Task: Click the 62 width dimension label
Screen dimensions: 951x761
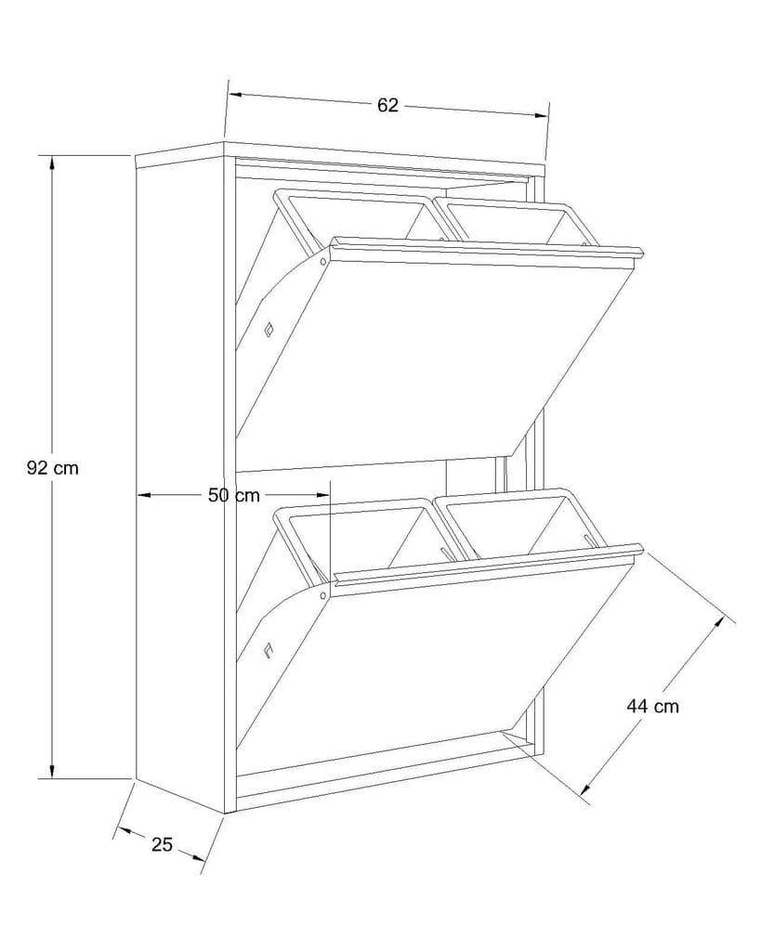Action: pos(387,106)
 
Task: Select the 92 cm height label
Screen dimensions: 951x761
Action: pos(53,468)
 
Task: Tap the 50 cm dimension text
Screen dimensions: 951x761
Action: pos(233,496)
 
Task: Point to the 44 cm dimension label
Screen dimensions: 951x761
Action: pos(652,706)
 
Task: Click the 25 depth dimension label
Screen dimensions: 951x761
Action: pos(163,844)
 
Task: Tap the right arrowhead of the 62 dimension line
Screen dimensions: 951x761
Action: pos(543,115)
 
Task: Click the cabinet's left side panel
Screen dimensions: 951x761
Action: pos(180,474)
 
